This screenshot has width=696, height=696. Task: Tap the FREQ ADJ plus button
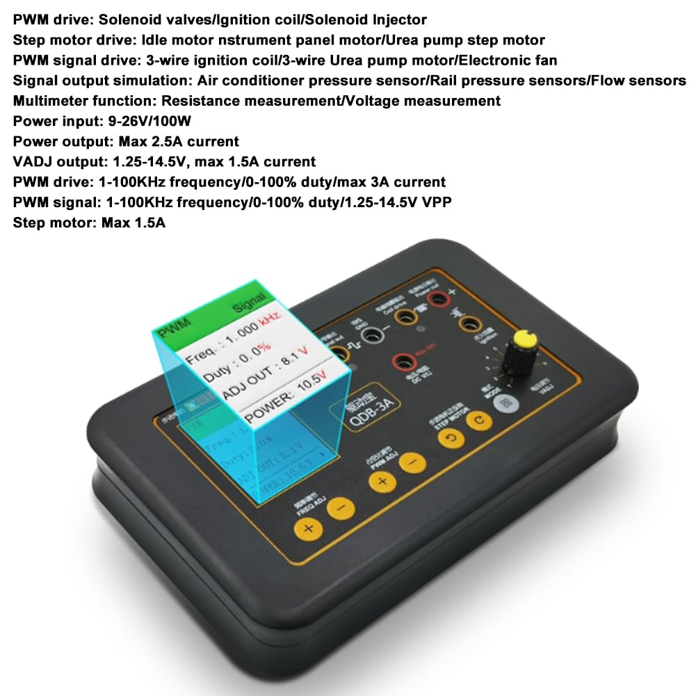tap(307, 528)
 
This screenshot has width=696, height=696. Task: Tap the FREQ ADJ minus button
tap(340, 508)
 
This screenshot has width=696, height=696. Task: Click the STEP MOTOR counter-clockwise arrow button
tap(453, 438)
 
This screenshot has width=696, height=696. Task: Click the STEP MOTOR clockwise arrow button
tap(479, 420)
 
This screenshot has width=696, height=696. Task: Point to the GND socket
tap(373, 335)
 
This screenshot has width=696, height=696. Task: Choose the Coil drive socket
tap(403, 316)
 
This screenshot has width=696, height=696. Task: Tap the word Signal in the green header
tap(249, 299)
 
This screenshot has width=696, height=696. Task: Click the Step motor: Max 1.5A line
tap(89, 223)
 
